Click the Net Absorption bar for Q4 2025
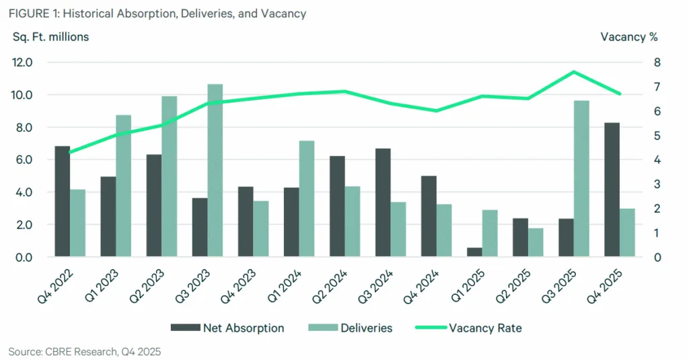(612, 190)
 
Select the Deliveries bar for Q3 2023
(215, 170)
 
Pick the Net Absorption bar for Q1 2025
(474, 252)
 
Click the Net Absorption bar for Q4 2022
(63, 201)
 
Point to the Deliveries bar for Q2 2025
(536, 242)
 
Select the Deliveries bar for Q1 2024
(306, 199)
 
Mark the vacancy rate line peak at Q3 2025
(573, 72)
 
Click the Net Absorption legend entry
(227, 328)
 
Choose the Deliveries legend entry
(350, 328)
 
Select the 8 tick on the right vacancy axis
(656, 63)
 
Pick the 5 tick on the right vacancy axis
(656, 136)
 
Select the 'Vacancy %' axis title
(628, 37)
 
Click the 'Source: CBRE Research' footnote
(84, 351)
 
